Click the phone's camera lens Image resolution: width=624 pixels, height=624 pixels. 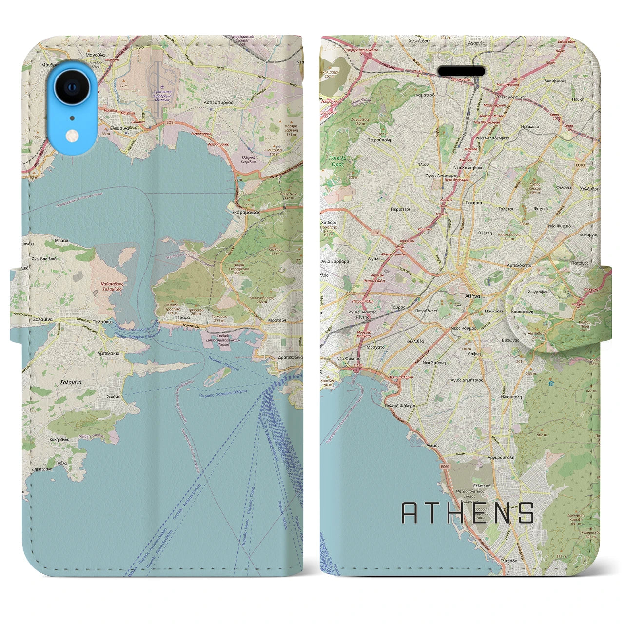tap(72, 87)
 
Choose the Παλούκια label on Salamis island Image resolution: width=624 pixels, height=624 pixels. tap(104, 322)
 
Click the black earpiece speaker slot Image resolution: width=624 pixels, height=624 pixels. tap(462, 71)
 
